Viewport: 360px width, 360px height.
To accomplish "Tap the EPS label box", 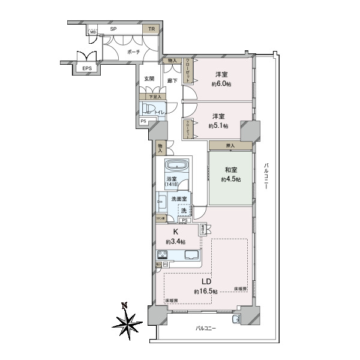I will click(x=87, y=68).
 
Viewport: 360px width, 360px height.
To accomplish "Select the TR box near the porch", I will click(x=151, y=29).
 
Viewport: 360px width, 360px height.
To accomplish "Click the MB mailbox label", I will click(x=93, y=32).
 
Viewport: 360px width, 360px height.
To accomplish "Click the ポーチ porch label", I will click(x=133, y=53).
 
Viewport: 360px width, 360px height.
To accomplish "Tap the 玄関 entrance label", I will click(x=149, y=79).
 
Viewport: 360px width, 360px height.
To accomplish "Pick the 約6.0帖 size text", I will click(x=221, y=85).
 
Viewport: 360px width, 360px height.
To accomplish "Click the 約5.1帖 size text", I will click(x=218, y=126).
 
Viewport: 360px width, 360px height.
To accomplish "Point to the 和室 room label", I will click(x=230, y=170).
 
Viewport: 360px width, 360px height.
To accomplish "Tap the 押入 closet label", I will click(x=230, y=146).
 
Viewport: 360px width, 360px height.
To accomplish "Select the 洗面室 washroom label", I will click(x=179, y=199).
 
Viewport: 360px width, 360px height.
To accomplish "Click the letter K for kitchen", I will click(x=176, y=232).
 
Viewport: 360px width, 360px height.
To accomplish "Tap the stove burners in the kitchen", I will click(x=162, y=254).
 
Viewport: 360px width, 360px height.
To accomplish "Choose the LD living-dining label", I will click(x=205, y=281).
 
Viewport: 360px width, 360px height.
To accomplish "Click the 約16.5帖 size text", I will click(x=205, y=291).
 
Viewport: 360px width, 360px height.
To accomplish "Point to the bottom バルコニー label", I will click(x=204, y=328).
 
